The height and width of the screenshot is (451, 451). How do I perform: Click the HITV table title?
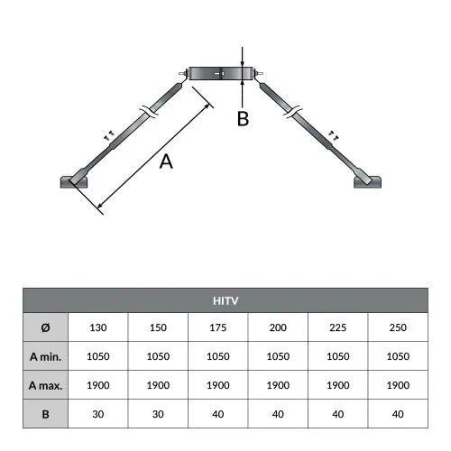(225, 300)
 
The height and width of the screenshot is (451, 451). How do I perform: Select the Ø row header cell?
(46, 327)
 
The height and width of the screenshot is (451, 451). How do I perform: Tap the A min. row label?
(46, 356)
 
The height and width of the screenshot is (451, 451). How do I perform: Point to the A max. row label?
(46, 385)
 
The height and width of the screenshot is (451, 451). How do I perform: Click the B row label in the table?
(46, 414)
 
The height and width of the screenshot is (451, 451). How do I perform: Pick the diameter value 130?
(98, 327)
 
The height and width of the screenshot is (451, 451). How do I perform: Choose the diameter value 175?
(218, 327)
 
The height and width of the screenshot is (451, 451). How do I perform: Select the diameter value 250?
(398, 327)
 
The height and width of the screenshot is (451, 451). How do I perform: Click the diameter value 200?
(278, 327)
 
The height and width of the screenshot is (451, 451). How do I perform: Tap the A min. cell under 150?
(158, 356)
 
